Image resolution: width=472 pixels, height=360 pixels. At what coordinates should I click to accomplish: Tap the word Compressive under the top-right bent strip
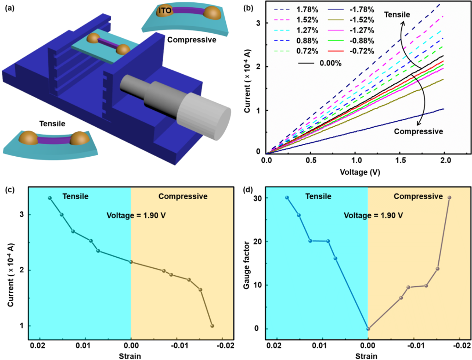pos(191,40)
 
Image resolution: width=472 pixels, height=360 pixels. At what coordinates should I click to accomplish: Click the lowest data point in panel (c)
pos(212,326)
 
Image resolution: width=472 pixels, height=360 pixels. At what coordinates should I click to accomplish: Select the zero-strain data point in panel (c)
pos(131,262)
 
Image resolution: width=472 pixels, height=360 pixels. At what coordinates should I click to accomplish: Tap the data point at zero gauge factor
pos(368,329)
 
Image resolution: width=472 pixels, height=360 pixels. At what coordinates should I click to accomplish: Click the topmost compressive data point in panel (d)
pos(449,198)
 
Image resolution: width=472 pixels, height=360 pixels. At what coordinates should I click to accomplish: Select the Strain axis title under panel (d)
pos(367,356)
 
